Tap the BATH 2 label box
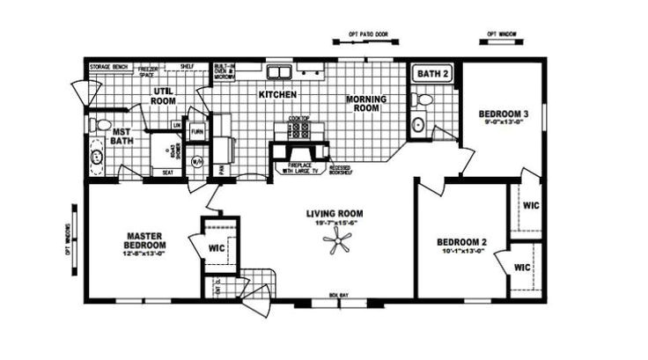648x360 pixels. (x=432, y=74)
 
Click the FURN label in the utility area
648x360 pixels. (x=197, y=131)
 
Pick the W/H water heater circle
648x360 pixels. (x=197, y=162)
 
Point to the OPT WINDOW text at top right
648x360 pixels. (x=502, y=36)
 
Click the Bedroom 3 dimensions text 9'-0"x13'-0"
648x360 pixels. (x=504, y=123)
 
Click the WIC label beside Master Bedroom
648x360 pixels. (x=217, y=248)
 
